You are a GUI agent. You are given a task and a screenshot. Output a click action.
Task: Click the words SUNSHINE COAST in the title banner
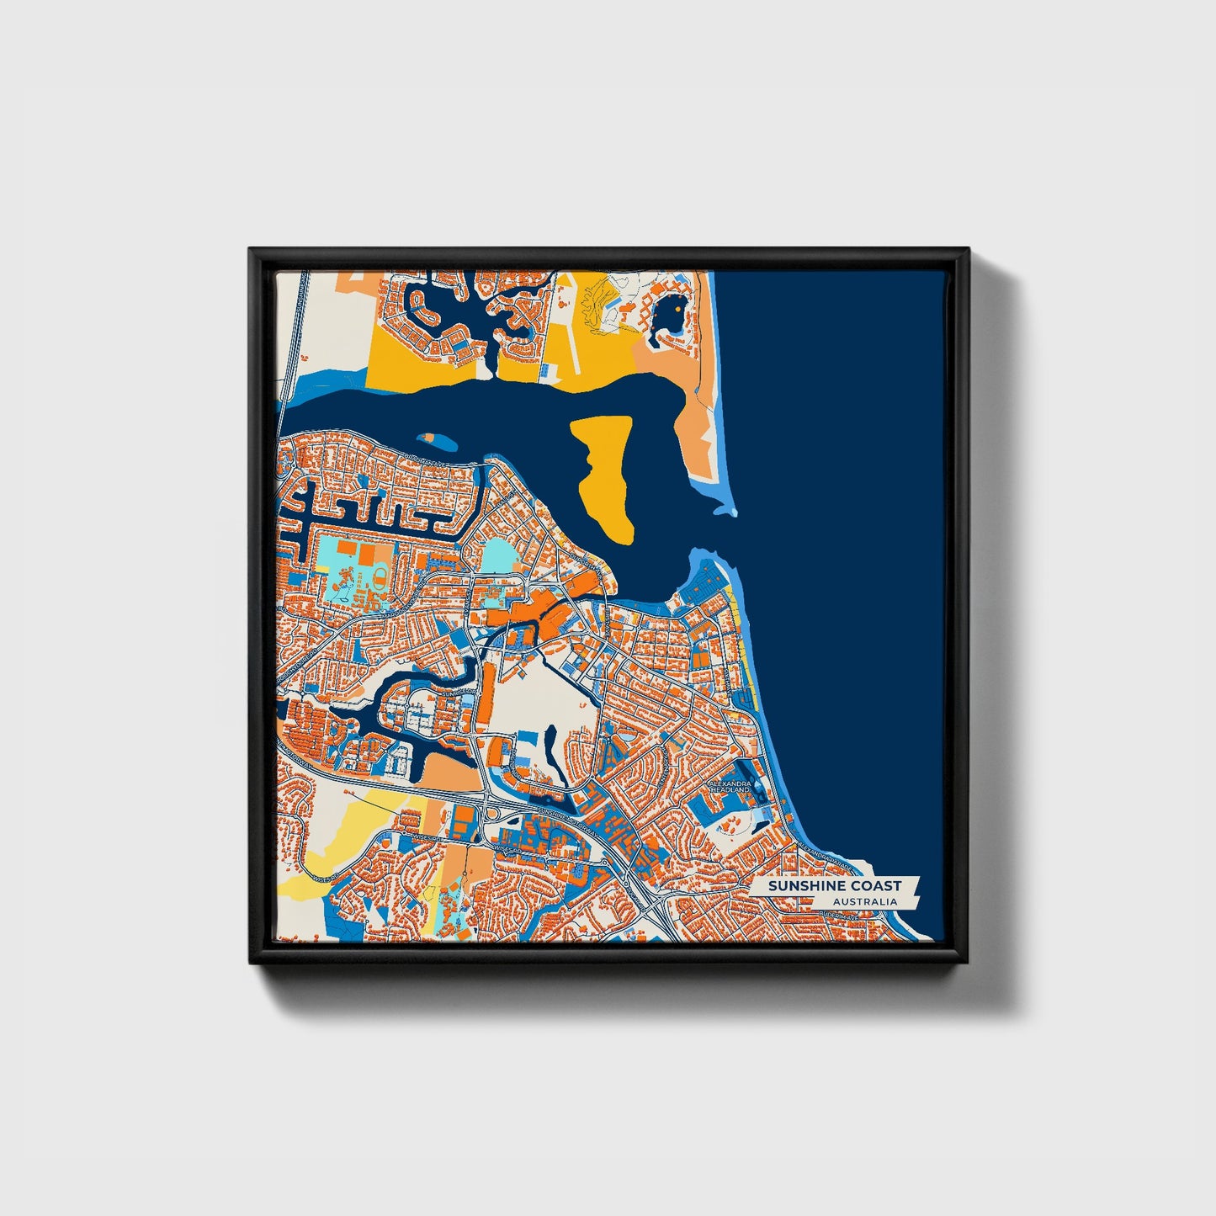pos(833,885)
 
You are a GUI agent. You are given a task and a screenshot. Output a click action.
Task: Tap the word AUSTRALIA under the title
pos(864,901)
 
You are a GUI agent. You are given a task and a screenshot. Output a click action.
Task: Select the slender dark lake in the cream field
pos(551,741)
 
